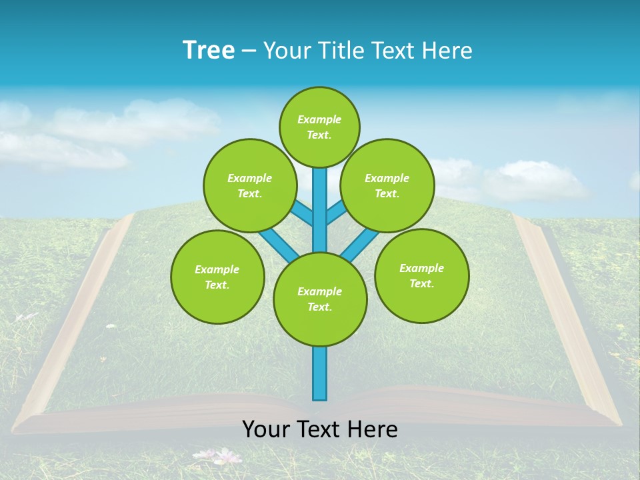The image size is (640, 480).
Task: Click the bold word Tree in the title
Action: click(x=209, y=50)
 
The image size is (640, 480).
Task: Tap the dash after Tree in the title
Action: click(x=249, y=51)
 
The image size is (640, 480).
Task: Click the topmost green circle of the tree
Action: click(x=319, y=127)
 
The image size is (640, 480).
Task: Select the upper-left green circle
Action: click(x=249, y=185)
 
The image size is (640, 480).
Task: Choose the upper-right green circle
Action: click(x=387, y=185)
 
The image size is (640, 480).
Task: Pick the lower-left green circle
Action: click(x=217, y=277)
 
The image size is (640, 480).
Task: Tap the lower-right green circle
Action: click(x=421, y=275)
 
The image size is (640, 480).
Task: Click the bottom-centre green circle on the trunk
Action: click(x=320, y=299)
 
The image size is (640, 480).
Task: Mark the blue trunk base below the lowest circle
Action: click(x=320, y=373)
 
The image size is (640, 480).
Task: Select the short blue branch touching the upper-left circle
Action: click(x=303, y=213)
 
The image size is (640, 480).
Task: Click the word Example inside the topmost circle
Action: click(x=319, y=119)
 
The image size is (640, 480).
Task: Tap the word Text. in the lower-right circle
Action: click(x=421, y=283)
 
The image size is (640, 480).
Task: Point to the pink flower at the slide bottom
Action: click(x=227, y=457)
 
